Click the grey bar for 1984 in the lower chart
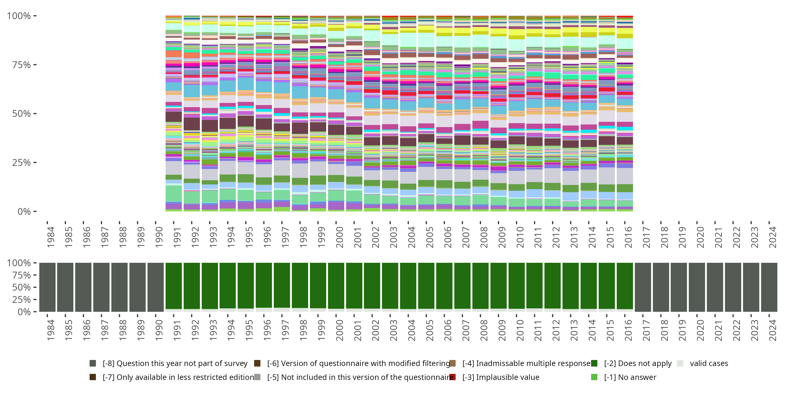[47, 287]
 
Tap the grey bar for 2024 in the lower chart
[769, 287]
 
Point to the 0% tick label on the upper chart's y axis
[24, 211]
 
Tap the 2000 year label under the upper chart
[339, 237]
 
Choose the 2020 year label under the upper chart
[700, 237]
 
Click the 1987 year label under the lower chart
[105, 330]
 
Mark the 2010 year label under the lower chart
[520, 330]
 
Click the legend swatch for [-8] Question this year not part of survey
[93, 363]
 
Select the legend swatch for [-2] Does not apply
[594, 363]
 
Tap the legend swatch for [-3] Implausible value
[452, 377]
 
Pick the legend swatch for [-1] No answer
[594, 377]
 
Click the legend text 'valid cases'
[709, 363]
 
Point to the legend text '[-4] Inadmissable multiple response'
[526, 363]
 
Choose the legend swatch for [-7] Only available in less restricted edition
[93, 377]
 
